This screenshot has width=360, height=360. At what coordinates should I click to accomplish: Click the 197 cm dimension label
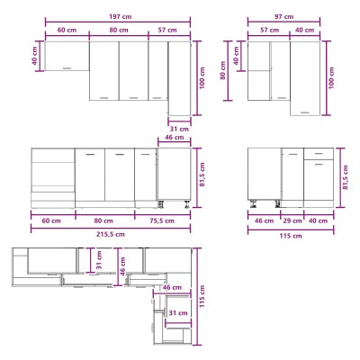pos(120,16)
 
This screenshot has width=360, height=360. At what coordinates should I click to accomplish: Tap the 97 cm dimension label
pos(283,16)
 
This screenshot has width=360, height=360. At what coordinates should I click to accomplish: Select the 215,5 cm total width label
pos(111,234)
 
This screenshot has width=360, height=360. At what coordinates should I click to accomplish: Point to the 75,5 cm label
pos(161,220)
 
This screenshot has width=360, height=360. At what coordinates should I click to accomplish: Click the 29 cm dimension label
pos(292,220)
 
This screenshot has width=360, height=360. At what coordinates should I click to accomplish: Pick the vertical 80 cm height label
pos(222,70)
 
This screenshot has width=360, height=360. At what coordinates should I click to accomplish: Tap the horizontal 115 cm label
pos(291,236)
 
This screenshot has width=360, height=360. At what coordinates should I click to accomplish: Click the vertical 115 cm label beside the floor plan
pos(202,296)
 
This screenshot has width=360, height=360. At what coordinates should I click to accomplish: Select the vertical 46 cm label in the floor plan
pos(122,266)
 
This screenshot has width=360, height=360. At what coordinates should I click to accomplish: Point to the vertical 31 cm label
pos(99,260)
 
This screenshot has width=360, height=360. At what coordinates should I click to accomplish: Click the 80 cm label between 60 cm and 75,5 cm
pos(103,220)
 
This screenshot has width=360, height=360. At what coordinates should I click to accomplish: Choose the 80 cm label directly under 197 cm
pos(119,30)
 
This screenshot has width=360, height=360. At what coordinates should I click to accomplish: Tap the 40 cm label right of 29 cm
pos(318,220)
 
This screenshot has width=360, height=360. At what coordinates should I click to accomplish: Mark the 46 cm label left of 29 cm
pos(264,220)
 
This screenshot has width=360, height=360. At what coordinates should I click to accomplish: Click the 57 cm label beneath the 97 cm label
pos(270,30)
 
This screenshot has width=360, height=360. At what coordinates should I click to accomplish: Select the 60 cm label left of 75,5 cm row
pos(51,220)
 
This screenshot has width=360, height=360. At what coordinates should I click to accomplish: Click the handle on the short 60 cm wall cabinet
pos(67,68)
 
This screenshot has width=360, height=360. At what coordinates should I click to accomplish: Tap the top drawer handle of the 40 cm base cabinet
pos(319,154)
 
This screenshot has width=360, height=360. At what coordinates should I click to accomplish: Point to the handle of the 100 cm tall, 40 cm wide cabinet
pos(305,112)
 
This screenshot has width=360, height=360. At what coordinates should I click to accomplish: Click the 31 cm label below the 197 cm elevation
pos(179,129)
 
